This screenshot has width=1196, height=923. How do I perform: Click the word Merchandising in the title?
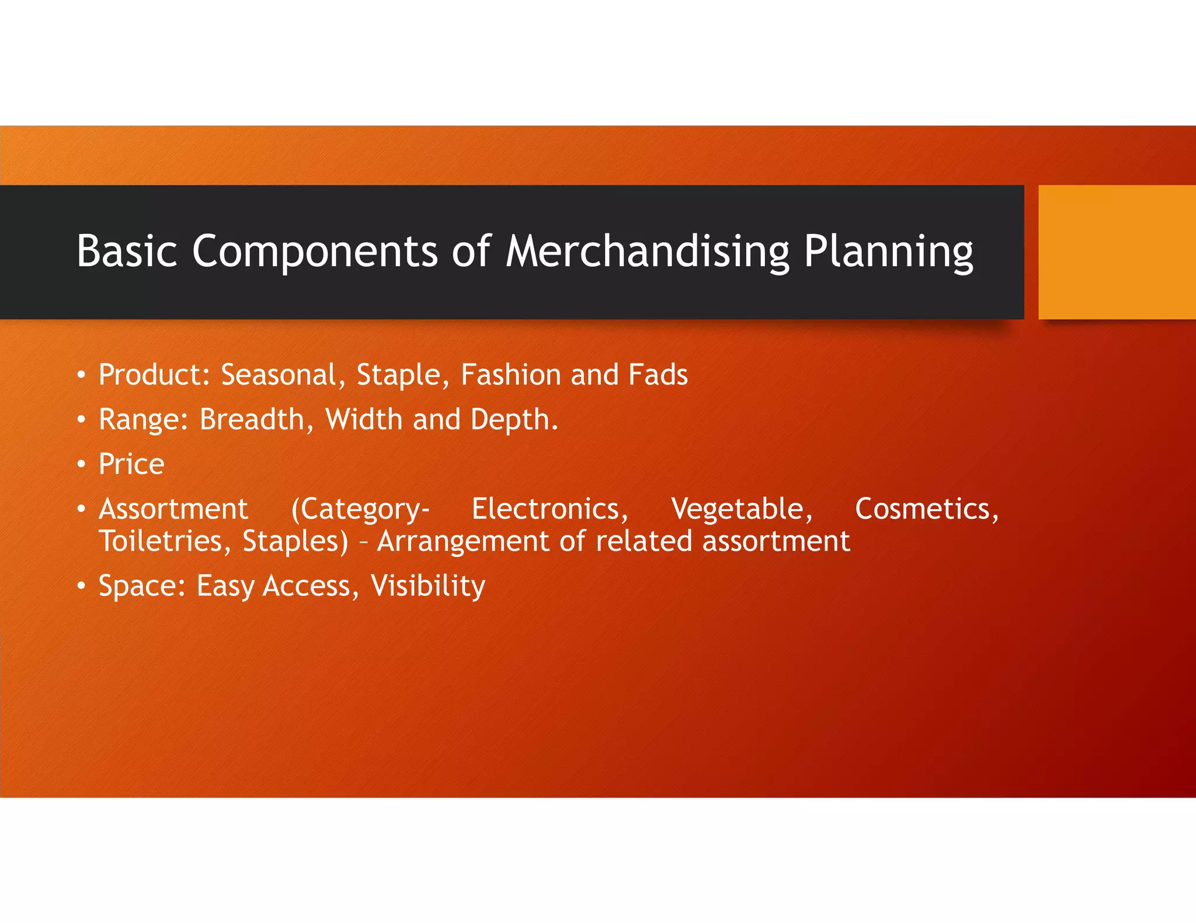coord(647,251)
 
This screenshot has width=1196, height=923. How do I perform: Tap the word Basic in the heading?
coord(127,251)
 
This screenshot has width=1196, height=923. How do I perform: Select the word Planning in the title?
coord(888,251)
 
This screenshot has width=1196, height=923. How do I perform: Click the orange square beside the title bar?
coord(1117,252)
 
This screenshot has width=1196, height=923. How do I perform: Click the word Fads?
coord(658,375)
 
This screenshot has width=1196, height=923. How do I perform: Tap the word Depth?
coord(513,420)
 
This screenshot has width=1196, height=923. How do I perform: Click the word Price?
coord(131,464)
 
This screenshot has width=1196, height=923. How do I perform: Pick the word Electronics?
coord(550,509)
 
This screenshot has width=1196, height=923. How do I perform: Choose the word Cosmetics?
coord(927,509)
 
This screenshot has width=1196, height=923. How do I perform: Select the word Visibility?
coord(427,586)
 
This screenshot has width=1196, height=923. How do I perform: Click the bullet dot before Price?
coord(82,465)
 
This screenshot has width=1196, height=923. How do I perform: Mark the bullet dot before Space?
coord(82,586)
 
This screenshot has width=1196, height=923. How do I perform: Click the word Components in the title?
coord(315,251)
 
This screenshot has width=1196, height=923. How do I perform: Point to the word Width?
coord(363,419)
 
